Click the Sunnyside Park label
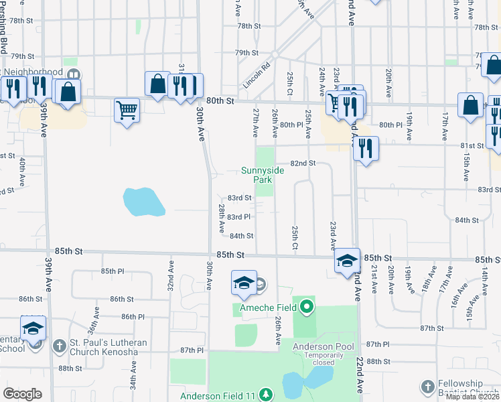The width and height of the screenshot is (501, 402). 263,175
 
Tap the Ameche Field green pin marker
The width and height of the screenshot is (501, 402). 307,307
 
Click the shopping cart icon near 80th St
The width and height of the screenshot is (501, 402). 127,109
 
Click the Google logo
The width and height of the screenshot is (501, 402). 22,393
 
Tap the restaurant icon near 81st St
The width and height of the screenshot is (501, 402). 365,148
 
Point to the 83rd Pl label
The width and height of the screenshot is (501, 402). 238,217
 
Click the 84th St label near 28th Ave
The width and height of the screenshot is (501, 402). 242,236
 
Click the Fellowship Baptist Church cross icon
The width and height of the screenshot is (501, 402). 428,387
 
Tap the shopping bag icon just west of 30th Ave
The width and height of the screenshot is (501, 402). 157,84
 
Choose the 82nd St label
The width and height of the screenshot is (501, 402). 302,163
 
